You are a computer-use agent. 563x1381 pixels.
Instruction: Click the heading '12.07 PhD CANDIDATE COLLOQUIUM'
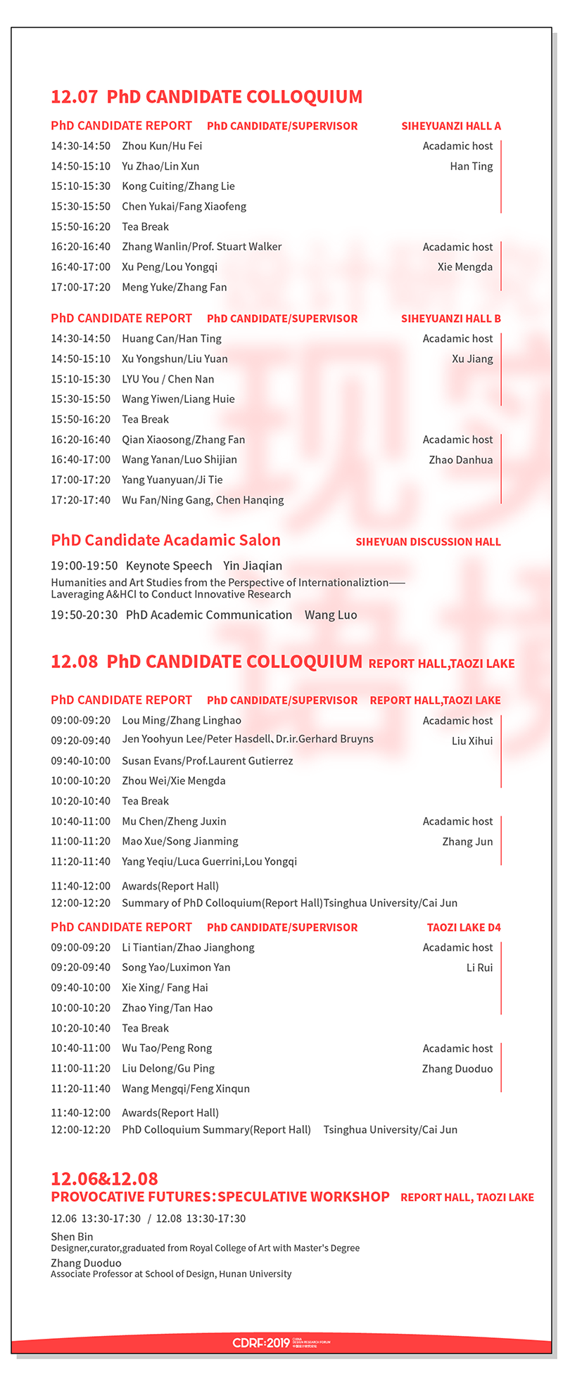206,97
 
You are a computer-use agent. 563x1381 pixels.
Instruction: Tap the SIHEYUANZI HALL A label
451,127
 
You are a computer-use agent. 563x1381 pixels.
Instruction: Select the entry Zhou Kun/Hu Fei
162,146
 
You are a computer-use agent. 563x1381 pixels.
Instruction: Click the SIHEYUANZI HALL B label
451,319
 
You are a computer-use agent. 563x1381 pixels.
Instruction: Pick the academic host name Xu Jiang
472,359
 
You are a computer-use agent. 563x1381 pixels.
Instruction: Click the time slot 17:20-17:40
80,500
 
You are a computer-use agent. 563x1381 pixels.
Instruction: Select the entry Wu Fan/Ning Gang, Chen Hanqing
203,500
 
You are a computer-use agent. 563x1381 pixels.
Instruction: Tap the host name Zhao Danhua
461,460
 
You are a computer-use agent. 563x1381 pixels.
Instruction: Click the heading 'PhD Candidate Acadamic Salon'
165,540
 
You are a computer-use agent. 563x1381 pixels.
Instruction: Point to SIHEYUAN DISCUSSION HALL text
428,542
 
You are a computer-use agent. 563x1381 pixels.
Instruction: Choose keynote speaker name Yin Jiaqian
253,566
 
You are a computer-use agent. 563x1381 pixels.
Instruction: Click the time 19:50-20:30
84,615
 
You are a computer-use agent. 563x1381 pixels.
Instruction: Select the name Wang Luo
331,615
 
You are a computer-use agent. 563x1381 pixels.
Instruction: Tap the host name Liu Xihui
472,741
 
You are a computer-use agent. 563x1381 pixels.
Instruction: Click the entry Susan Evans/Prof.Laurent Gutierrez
208,761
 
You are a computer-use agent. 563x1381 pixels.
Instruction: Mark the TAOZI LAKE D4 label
464,927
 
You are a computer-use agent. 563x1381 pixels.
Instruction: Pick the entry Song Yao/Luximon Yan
176,968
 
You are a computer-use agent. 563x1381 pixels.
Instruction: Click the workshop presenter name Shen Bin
72,1236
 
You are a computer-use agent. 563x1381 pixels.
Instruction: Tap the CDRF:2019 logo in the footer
262,1343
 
